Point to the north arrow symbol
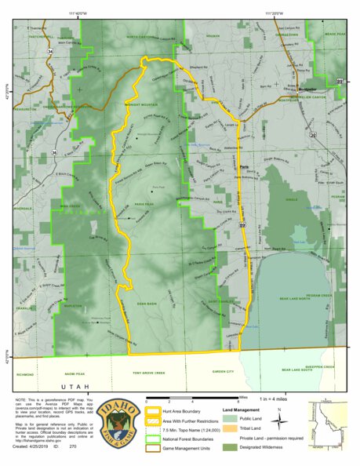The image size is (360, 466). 278,417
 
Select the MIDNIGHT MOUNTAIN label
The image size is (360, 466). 142,104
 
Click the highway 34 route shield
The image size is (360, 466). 50,51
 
